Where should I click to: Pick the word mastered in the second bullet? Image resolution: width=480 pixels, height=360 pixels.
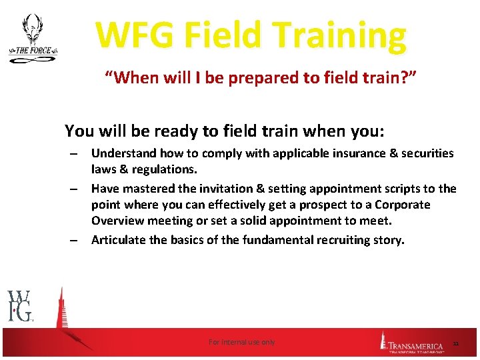coord(147,189)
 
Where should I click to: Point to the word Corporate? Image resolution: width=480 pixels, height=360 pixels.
coord(403,205)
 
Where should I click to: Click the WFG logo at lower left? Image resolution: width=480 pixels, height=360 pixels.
coord(20,306)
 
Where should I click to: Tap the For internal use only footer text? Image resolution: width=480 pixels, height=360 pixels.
coord(241,342)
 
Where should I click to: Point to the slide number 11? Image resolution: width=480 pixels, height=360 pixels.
coord(456,343)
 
